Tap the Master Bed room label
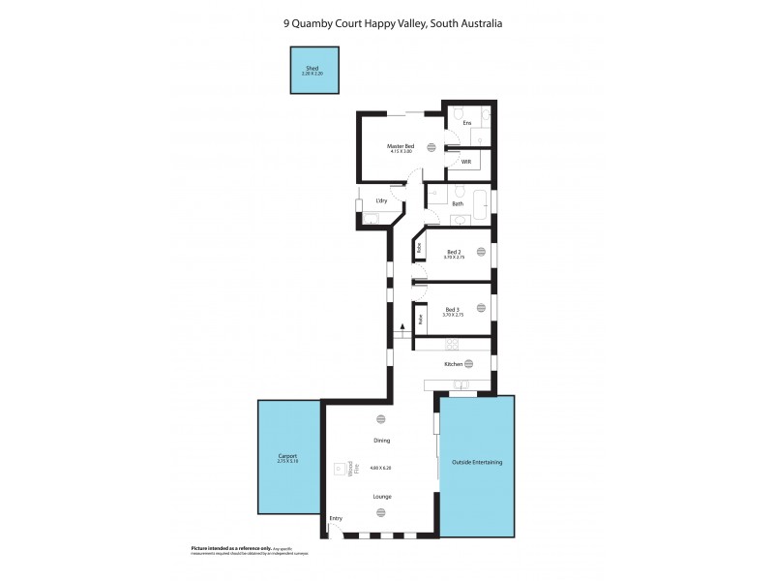coord(401,145)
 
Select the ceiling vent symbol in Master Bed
coord(432,148)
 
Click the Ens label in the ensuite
coord(466,123)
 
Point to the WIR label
coord(465,162)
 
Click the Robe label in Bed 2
coord(419,248)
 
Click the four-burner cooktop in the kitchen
coord(452,344)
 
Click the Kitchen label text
coord(452,364)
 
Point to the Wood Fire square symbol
coord(339,469)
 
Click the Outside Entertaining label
coord(477,462)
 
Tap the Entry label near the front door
coord(336,519)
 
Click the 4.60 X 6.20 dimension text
coord(381,468)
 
